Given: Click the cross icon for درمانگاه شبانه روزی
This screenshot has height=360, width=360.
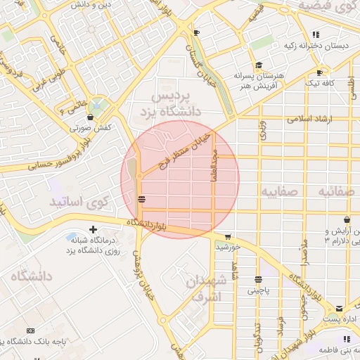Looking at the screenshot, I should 94,230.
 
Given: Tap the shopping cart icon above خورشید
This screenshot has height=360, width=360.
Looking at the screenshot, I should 227,237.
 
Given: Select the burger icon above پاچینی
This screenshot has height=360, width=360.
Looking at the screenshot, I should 258,279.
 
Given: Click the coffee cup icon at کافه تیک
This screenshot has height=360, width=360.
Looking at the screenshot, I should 320,72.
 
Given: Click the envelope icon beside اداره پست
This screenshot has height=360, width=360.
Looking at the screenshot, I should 340,308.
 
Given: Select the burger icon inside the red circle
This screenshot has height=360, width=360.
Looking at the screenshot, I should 142,199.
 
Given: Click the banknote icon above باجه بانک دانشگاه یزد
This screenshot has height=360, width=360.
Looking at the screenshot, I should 30,330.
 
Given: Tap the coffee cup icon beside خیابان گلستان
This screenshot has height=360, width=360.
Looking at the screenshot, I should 196,33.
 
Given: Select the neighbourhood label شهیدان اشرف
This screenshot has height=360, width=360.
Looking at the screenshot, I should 208,289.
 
